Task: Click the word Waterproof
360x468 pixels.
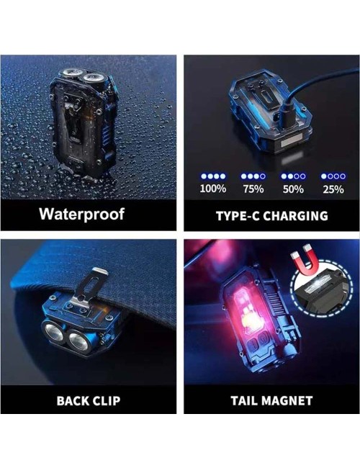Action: point(81,215)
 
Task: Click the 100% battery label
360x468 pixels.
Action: point(213,189)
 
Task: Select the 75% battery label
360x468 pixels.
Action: point(253,189)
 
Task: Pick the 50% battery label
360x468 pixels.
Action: point(293,189)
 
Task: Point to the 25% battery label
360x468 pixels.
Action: point(333,189)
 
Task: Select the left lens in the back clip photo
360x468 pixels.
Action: point(54,332)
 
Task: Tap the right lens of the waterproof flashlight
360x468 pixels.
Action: point(93,78)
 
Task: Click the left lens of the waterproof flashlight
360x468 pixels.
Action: point(72,73)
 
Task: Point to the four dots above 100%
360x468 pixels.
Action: point(213,176)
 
